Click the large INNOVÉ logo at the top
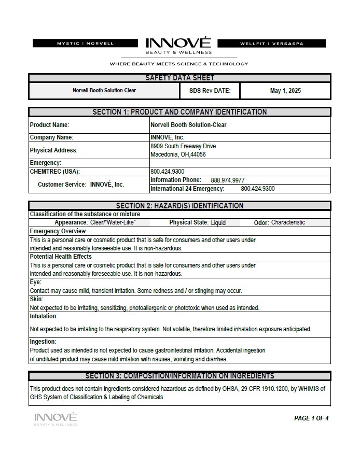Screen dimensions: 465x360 [178, 44]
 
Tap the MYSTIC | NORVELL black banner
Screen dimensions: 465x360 [85, 44]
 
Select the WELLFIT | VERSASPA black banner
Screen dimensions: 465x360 [275, 44]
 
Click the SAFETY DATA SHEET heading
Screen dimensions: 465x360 [179, 78]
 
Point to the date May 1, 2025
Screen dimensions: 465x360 [285, 91]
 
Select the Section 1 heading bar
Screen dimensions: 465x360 [179, 112]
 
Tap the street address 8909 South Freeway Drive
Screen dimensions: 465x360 [183, 146]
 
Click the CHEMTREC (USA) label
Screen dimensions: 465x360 [55, 172]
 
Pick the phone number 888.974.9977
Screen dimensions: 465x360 [228, 180]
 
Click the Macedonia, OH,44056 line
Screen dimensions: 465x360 [178, 154]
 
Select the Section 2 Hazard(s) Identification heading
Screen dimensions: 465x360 [179, 206]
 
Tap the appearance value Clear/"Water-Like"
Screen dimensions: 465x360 [113, 222]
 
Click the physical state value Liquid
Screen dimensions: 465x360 [218, 223]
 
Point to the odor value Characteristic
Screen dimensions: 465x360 [288, 222]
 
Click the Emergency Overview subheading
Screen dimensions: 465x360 [58, 231]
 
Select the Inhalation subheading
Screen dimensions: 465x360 [44, 316]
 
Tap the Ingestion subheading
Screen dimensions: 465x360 [43, 342]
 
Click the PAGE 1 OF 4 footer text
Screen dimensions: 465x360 [311, 418]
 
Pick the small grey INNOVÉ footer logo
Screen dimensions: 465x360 [56, 419]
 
